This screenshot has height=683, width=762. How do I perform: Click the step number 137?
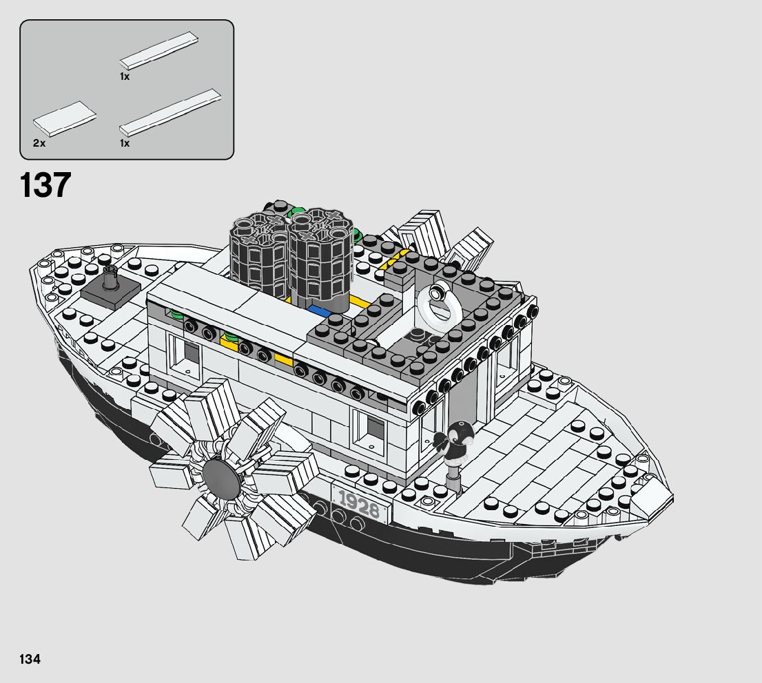(x=45, y=185)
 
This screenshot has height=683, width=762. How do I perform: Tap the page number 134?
(x=30, y=659)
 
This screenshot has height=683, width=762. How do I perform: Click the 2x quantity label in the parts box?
(x=39, y=143)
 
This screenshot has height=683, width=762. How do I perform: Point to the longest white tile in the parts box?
(x=171, y=111)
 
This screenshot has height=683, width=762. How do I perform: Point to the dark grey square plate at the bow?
(x=110, y=295)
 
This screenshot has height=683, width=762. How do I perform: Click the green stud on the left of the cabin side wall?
(x=176, y=315)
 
